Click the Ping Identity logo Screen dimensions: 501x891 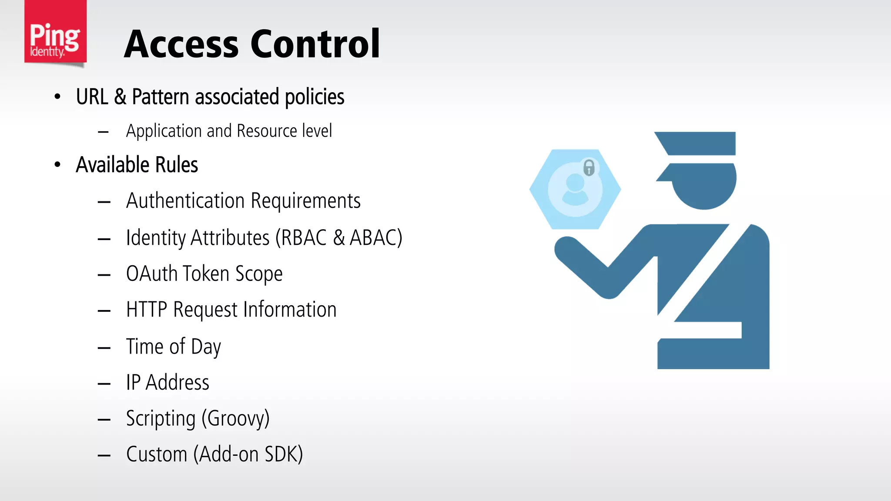pyautogui.click(x=55, y=33)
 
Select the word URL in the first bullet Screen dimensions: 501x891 pyautogui.click(x=92, y=97)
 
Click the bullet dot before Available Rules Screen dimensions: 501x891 pyautogui.click(x=57, y=165)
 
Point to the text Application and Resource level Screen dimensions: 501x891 pyautogui.click(x=229, y=131)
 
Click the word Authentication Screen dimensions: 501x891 pyautogui.click(x=185, y=201)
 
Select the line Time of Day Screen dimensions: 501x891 pyautogui.click(x=173, y=347)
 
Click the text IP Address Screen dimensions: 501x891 pyautogui.click(x=167, y=383)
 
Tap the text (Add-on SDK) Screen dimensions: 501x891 pyautogui.click(x=248, y=454)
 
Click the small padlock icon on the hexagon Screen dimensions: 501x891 pyautogui.click(x=589, y=167)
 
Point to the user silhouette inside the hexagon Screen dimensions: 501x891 pyautogui.click(x=575, y=190)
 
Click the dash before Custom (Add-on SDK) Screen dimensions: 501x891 pyautogui.click(x=104, y=455)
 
